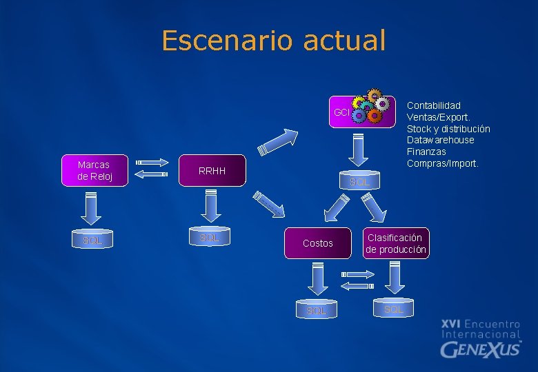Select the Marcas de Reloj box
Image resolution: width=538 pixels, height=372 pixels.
tap(93, 170)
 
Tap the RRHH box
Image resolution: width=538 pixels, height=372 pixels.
tap(212, 171)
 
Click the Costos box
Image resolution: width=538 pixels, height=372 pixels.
tap(317, 243)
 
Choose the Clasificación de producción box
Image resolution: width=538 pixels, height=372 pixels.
tap(396, 243)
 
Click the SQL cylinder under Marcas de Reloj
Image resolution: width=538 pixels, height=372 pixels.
tap(92, 240)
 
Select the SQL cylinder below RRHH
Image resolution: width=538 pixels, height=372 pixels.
tap(210, 237)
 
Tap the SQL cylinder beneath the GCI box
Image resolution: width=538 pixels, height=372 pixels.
tap(359, 181)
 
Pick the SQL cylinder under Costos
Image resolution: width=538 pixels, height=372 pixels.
tap(317, 310)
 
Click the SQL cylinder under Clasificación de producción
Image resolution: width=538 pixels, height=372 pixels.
tap(394, 309)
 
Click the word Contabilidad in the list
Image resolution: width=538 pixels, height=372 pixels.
tap(433, 105)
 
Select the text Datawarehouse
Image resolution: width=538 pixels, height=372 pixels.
tap(440, 140)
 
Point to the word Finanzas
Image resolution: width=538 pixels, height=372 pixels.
tap(426, 152)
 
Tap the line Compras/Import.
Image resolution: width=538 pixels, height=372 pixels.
tap(442, 163)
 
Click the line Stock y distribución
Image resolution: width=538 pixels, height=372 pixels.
tap(448, 129)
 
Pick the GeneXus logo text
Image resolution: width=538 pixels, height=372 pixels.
tap(480, 349)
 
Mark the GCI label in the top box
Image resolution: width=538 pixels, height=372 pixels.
tap(341, 112)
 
